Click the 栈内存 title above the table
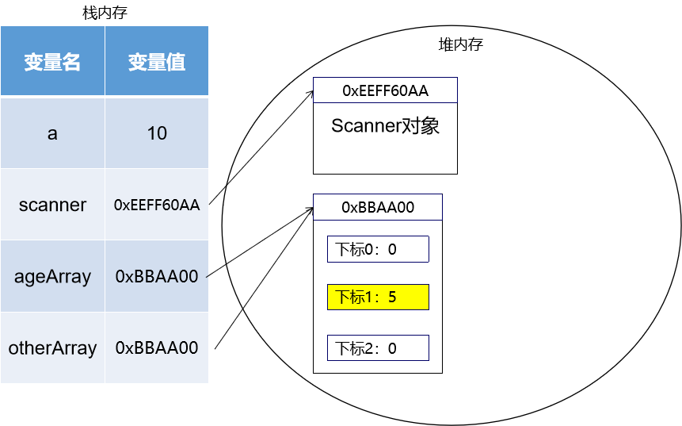click(x=105, y=13)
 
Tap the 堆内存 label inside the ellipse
click(x=460, y=45)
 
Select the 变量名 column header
click(x=52, y=63)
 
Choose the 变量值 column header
click(x=157, y=63)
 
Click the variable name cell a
click(x=52, y=133)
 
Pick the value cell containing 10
click(x=157, y=133)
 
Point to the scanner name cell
click(x=52, y=205)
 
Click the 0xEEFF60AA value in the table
click(x=157, y=205)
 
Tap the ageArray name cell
click(x=52, y=276)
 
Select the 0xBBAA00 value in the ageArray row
click(x=157, y=276)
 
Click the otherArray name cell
click(x=52, y=347)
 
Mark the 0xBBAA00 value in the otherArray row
click(x=157, y=347)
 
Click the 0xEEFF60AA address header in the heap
click(x=385, y=90)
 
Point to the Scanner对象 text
click(x=385, y=126)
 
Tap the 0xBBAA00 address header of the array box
click(x=378, y=208)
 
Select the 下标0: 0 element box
click(x=378, y=249)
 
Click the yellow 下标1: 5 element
click(x=378, y=297)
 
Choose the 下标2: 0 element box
click(x=378, y=347)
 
